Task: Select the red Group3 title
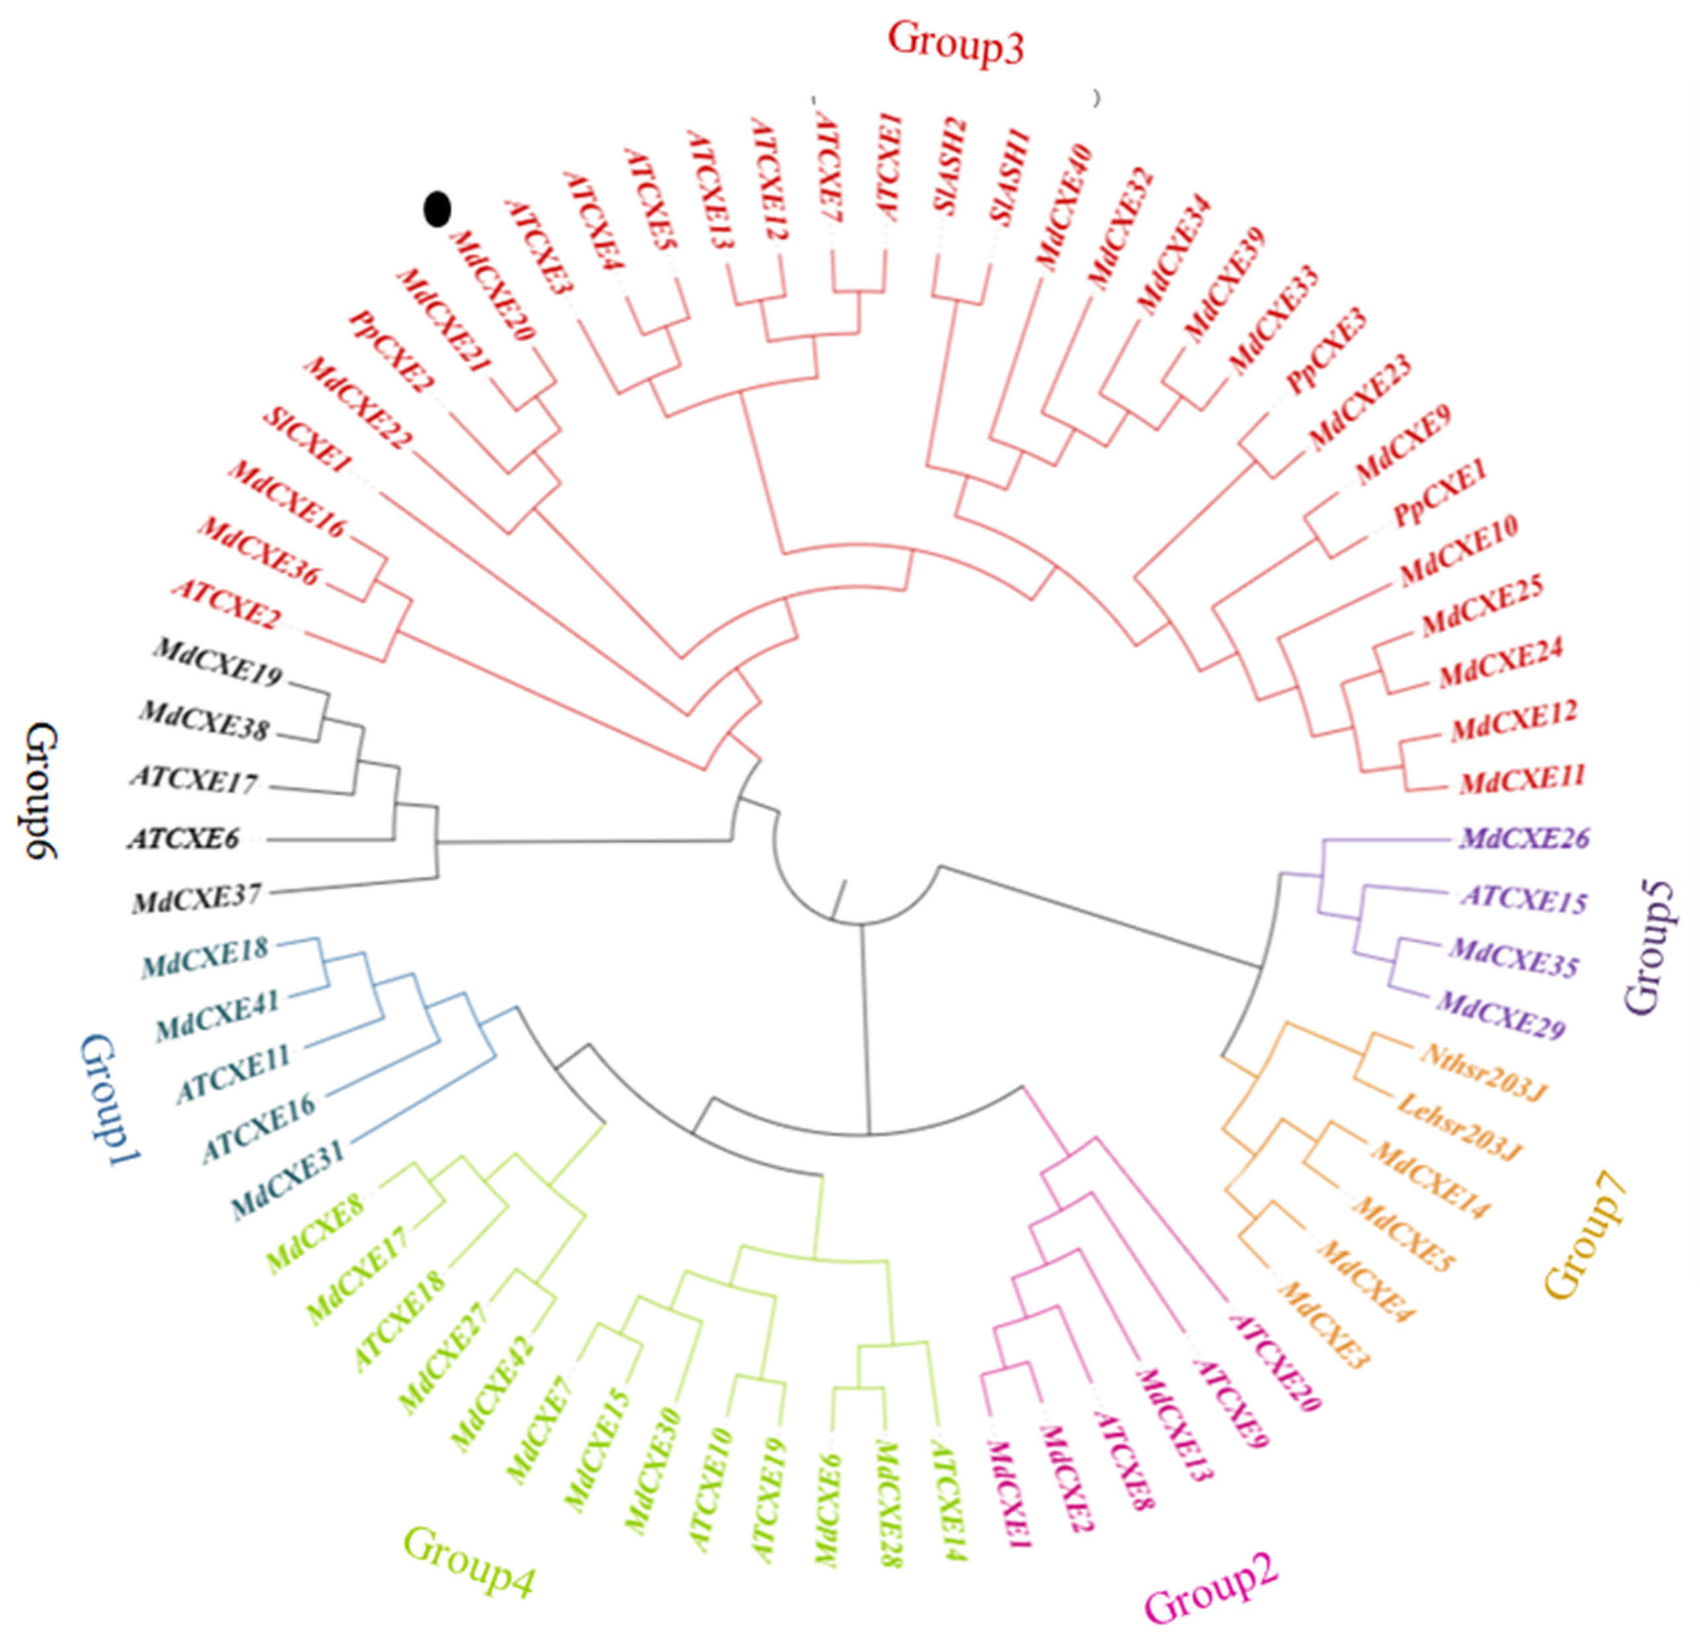(x=955, y=44)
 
